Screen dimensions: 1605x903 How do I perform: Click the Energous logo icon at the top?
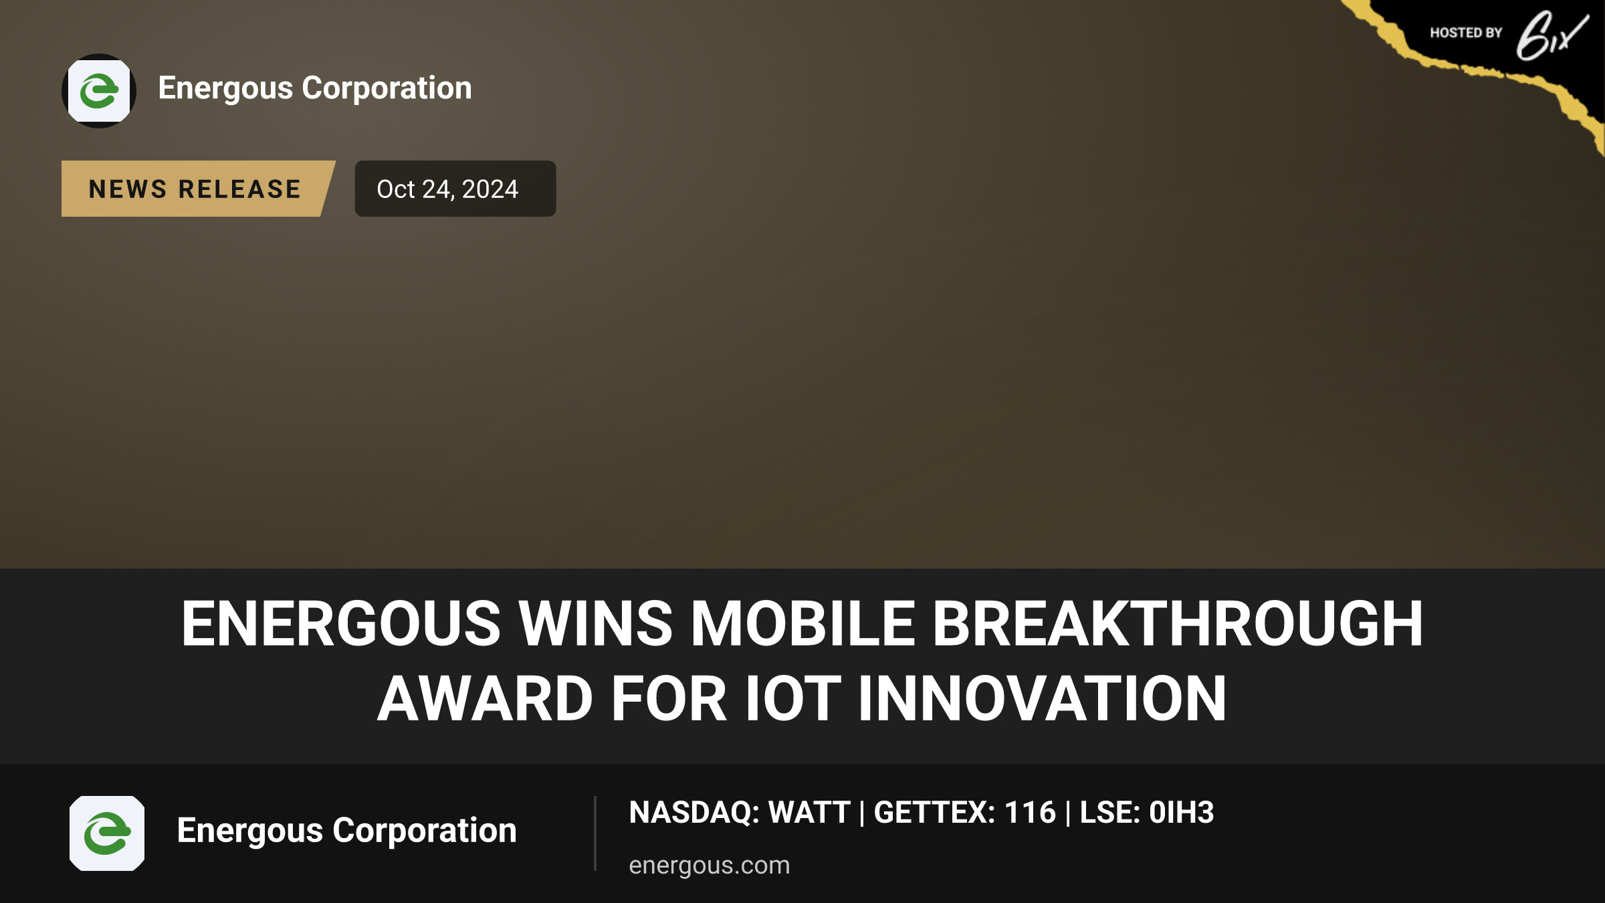(99, 91)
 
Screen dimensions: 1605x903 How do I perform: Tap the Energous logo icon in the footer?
(107, 833)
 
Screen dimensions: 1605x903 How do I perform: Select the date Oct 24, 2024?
(447, 189)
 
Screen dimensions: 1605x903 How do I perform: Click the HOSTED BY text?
(1466, 33)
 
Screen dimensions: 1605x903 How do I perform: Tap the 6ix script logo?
(1551, 35)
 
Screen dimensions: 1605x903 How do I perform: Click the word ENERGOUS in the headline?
(341, 623)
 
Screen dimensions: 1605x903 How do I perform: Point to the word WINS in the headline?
(595, 623)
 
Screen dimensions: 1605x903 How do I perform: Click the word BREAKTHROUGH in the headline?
(1178, 623)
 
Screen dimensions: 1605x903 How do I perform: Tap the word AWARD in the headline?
(485, 699)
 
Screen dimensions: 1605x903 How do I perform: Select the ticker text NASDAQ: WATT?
(740, 813)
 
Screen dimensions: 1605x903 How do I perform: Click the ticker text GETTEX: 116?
(965, 813)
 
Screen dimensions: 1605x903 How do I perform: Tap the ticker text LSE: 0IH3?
(1147, 813)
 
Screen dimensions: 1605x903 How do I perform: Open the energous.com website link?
(710, 866)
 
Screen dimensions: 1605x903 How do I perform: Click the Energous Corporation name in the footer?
(347, 831)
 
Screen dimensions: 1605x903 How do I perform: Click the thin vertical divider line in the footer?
(595, 833)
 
